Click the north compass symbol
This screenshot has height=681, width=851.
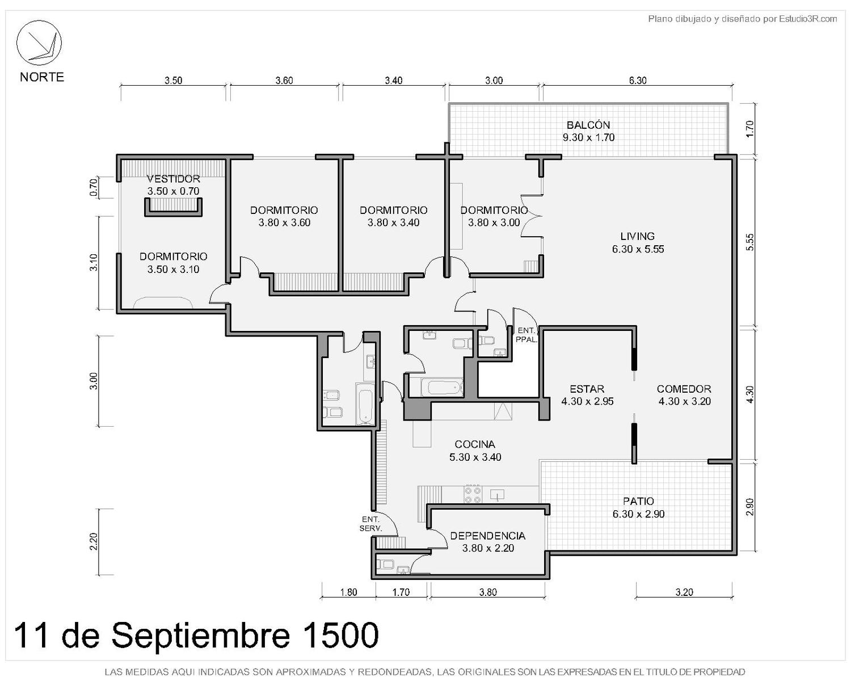(39, 43)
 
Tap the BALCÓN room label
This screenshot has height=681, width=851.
(588, 125)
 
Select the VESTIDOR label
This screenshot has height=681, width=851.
(173, 179)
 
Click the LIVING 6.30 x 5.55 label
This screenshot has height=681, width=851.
(638, 242)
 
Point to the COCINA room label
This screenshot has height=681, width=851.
(475, 444)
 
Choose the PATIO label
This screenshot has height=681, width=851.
(638, 501)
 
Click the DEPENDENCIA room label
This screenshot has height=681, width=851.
(487, 536)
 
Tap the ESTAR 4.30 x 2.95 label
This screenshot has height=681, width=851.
(587, 395)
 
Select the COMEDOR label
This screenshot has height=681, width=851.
(684, 389)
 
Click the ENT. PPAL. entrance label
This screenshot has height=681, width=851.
(526, 335)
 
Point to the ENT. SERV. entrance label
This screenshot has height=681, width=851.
(370, 524)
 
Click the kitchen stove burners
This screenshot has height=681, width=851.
(473, 494)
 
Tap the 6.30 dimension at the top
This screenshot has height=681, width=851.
(638, 81)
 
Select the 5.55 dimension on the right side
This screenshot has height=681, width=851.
(750, 242)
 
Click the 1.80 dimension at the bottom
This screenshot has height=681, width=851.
(348, 592)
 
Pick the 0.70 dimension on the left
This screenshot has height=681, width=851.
(93, 188)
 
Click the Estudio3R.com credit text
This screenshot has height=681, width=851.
(808, 19)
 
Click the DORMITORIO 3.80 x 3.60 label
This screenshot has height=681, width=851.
(284, 216)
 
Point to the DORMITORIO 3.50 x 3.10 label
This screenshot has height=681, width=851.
(173, 263)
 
